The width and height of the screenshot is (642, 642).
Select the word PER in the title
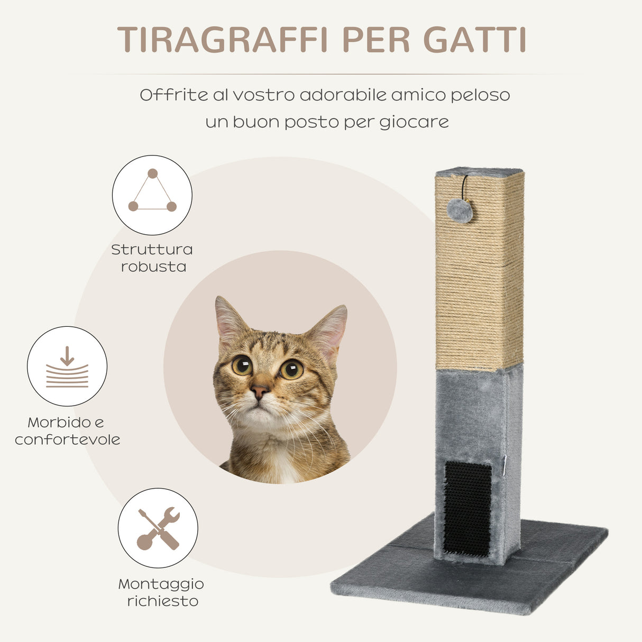tap(376, 40)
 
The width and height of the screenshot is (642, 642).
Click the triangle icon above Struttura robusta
tap(152, 194)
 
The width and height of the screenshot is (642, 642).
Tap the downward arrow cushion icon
tap(67, 366)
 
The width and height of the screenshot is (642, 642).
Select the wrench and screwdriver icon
tap(158, 528)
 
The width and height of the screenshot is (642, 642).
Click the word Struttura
tap(152, 249)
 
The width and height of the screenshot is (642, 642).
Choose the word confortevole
tap(68, 439)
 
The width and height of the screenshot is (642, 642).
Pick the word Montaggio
tap(161, 584)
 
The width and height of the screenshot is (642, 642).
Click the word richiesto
tap(163, 601)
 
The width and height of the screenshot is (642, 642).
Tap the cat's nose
tap(259, 392)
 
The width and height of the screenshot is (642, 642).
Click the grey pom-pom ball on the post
tap(460, 210)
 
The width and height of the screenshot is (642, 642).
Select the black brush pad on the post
tap(467, 508)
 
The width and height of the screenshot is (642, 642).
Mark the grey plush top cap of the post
tap(479, 172)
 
